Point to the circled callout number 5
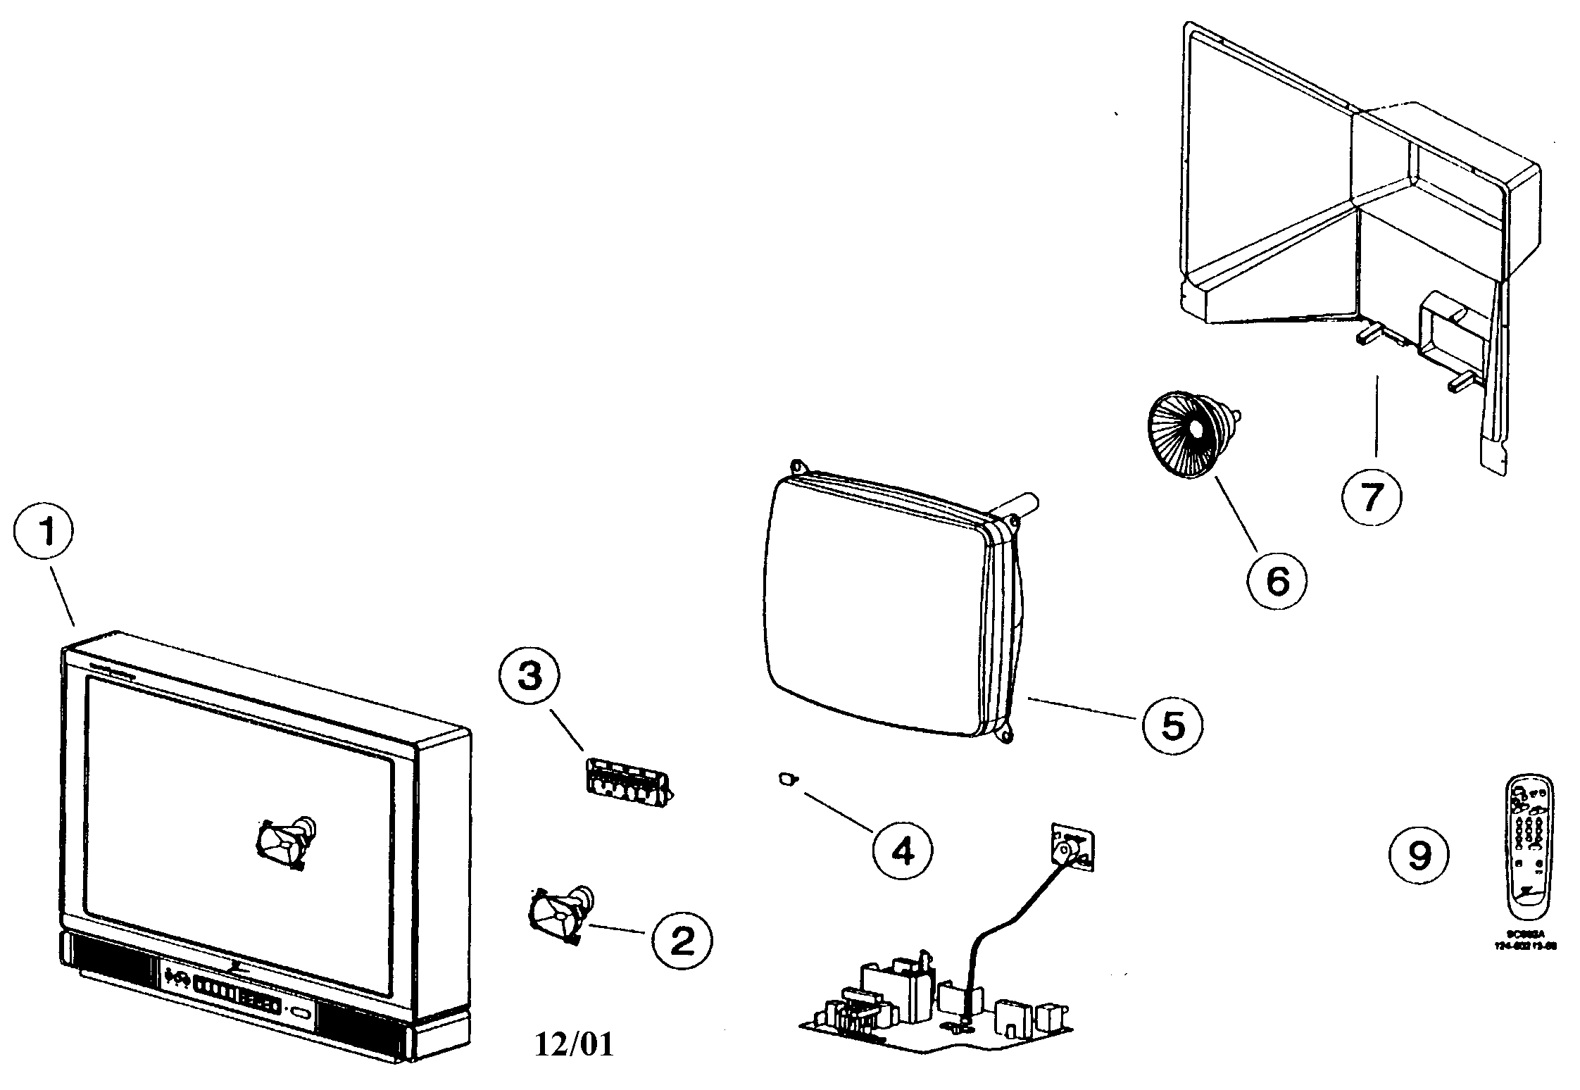point(1172,725)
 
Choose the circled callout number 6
point(1277,581)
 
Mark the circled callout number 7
point(1371,498)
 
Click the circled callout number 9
point(1419,855)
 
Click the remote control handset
point(1528,851)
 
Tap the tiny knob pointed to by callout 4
point(787,779)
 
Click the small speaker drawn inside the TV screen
point(285,841)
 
